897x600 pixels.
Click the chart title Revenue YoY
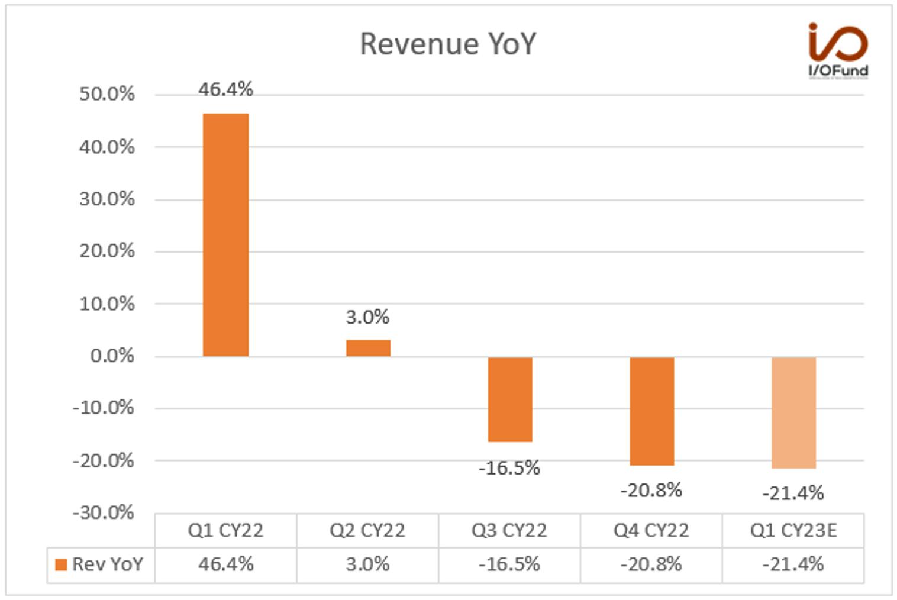(x=448, y=44)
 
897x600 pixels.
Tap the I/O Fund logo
(x=838, y=50)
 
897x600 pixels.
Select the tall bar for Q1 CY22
(x=226, y=235)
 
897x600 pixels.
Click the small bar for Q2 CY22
(x=368, y=349)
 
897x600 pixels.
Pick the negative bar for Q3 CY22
(x=510, y=400)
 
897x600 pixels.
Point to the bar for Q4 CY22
(x=652, y=411)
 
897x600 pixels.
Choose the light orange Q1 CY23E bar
(x=793, y=413)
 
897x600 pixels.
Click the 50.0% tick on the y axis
(x=107, y=95)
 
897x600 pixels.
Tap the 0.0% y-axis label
(x=112, y=356)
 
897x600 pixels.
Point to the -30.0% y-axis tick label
(x=104, y=512)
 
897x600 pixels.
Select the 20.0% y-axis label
(x=107, y=251)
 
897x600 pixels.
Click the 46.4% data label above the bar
(x=225, y=89)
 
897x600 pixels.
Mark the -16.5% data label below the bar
(x=509, y=468)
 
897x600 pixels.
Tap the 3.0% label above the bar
(x=367, y=317)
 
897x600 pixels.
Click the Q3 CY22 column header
(x=509, y=531)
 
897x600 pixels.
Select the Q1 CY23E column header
(x=793, y=531)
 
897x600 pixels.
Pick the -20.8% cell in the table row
(x=651, y=564)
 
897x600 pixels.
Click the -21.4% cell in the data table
(x=793, y=564)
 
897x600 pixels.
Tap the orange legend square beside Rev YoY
(x=61, y=564)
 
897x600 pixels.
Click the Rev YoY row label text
(x=107, y=564)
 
